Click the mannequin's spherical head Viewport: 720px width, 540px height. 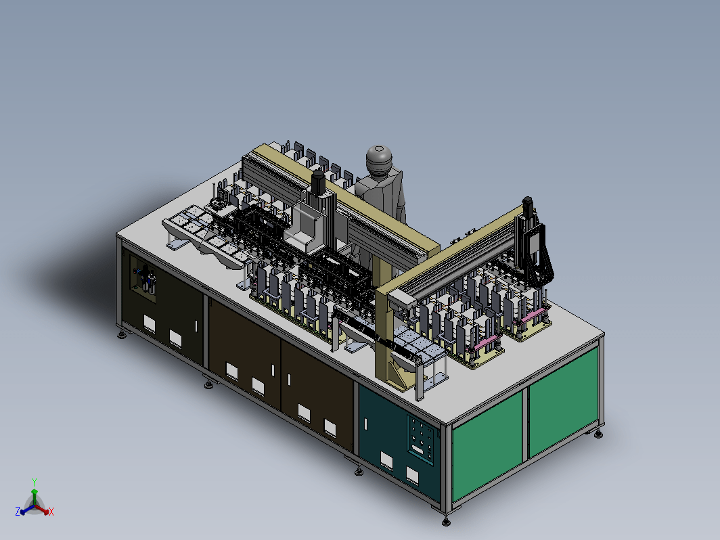click(379, 158)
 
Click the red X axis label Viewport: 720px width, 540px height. click(51, 512)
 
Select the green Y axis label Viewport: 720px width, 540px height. click(35, 482)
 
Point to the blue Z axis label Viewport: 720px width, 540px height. click(18, 512)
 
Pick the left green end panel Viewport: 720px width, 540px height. click(487, 446)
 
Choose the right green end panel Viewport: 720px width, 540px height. click(564, 401)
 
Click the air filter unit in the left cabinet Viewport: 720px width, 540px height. click(147, 278)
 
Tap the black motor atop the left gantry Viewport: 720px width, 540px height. click(318, 182)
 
